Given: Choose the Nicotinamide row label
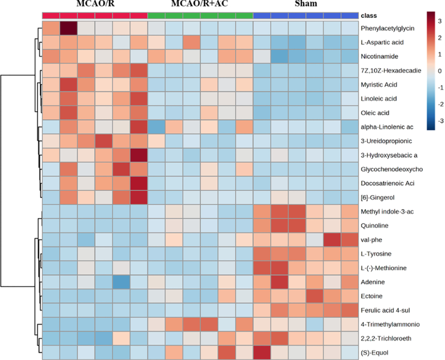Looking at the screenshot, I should (380, 56).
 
